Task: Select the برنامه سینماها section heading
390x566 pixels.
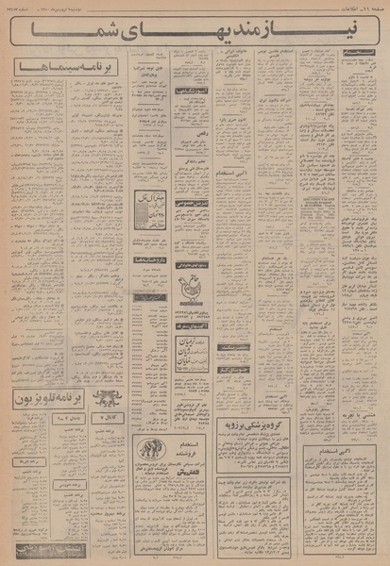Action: (57, 70)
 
